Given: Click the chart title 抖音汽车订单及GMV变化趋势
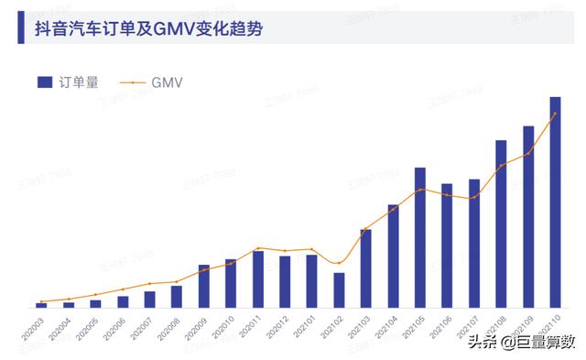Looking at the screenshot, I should coord(148,28).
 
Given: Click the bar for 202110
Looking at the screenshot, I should coord(555,202).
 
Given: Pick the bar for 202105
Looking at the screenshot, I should coord(420,237).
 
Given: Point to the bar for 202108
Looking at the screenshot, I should coord(501,224).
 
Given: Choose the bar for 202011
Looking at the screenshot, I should coord(258,278).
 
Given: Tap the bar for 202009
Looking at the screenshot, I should coord(204,286).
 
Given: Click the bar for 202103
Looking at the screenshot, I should coord(366,267).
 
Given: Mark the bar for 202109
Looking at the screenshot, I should coord(528,216).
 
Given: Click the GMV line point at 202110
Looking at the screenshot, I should coord(555,114).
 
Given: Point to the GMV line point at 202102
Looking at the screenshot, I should coord(339,264).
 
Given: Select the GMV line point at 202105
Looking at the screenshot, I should coord(420,189).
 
